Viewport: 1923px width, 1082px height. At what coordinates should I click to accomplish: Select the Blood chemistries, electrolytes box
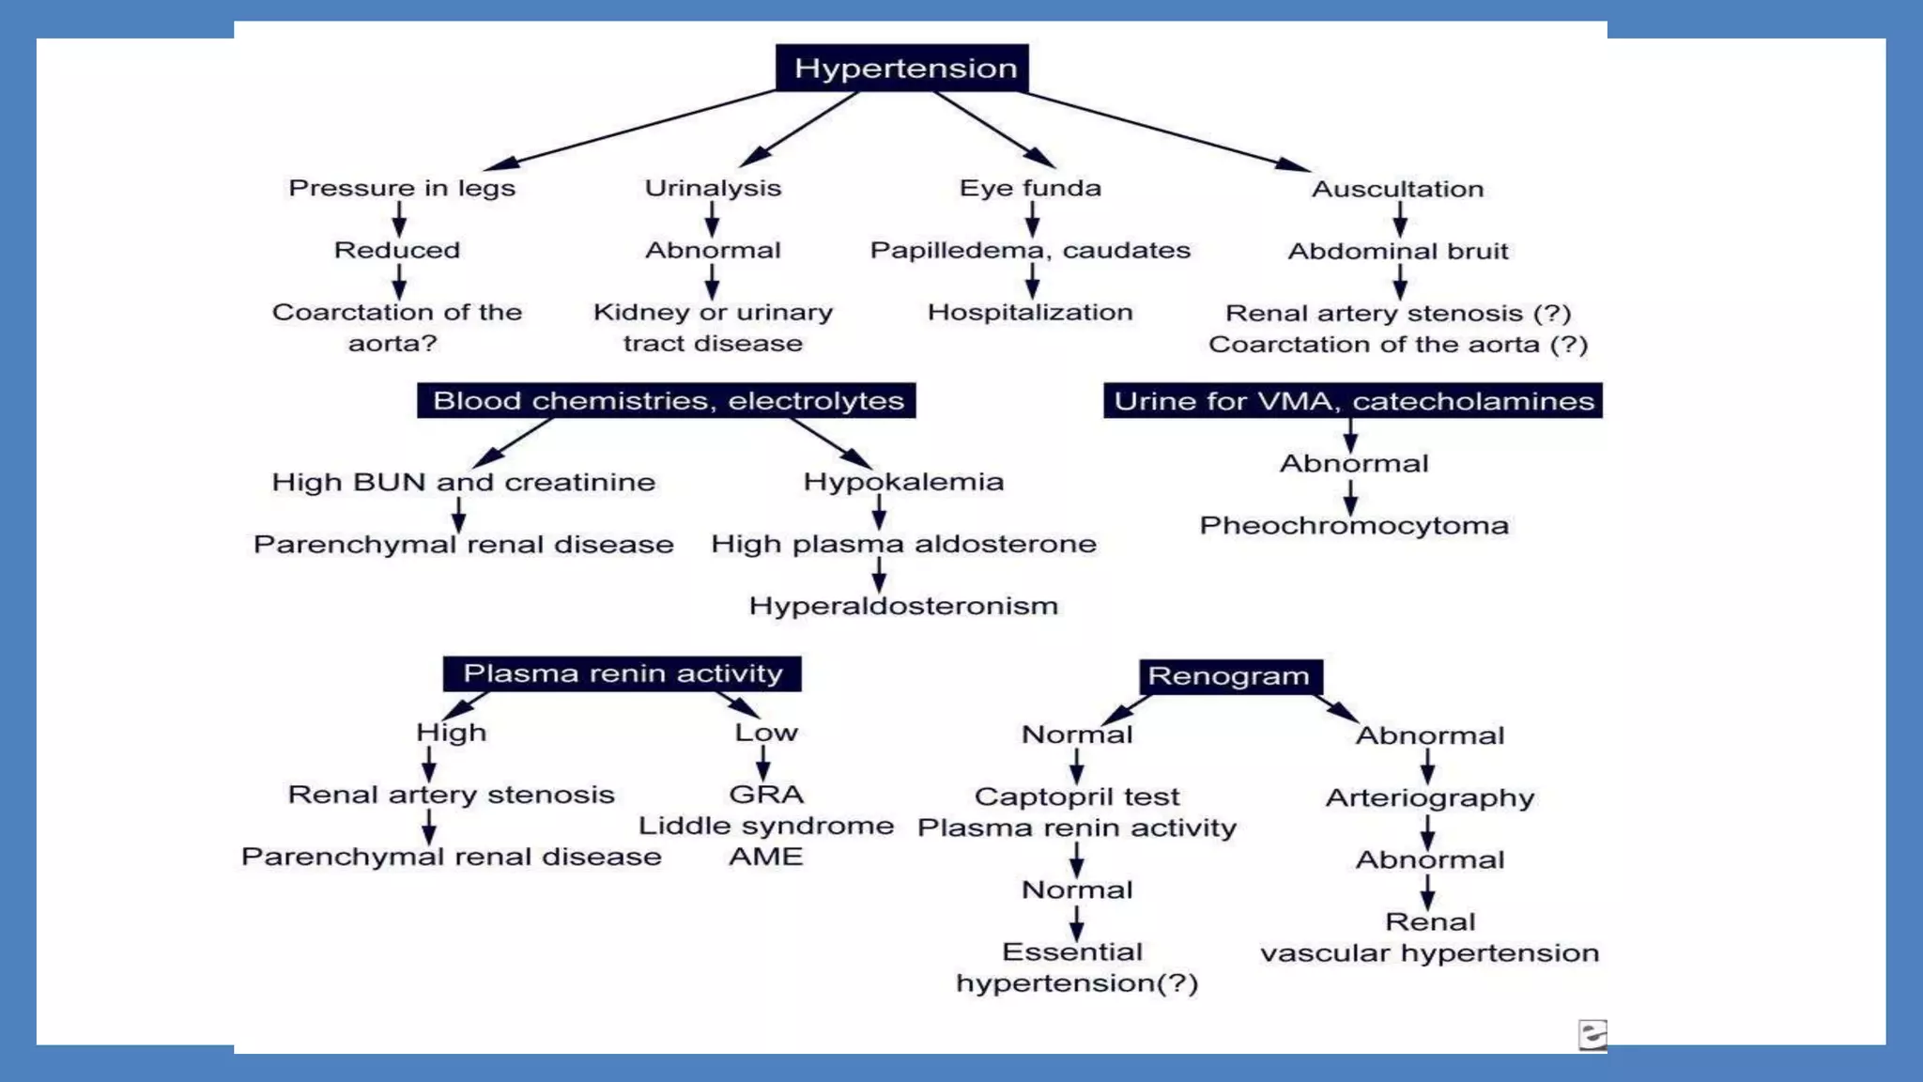point(667,400)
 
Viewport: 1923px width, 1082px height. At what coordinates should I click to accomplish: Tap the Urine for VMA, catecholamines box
point(1353,401)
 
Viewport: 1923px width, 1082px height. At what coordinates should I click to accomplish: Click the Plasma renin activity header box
point(623,673)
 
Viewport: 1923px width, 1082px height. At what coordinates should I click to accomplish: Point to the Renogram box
point(1230,676)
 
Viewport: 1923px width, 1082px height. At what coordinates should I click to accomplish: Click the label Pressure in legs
point(402,188)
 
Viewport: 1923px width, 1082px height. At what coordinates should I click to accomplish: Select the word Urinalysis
point(713,188)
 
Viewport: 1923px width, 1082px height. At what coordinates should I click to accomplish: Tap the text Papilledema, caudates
point(1030,250)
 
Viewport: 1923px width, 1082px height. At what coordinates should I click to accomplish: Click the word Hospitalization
point(1030,312)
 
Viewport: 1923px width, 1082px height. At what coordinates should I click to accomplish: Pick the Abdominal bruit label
point(1398,251)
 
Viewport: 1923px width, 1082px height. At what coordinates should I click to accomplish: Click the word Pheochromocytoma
point(1354,525)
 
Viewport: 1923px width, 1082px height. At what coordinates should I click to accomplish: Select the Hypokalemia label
point(903,482)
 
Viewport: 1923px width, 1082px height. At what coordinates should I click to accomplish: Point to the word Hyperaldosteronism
point(903,606)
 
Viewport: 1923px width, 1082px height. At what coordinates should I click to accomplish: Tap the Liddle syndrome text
point(766,826)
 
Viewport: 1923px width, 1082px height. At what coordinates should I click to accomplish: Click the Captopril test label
point(1077,796)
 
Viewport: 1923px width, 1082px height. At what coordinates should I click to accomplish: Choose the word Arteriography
point(1430,797)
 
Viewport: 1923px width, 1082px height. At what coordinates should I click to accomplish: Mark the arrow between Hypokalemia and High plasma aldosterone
point(879,512)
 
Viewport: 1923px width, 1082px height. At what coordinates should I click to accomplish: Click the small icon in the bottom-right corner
point(1592,1034)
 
